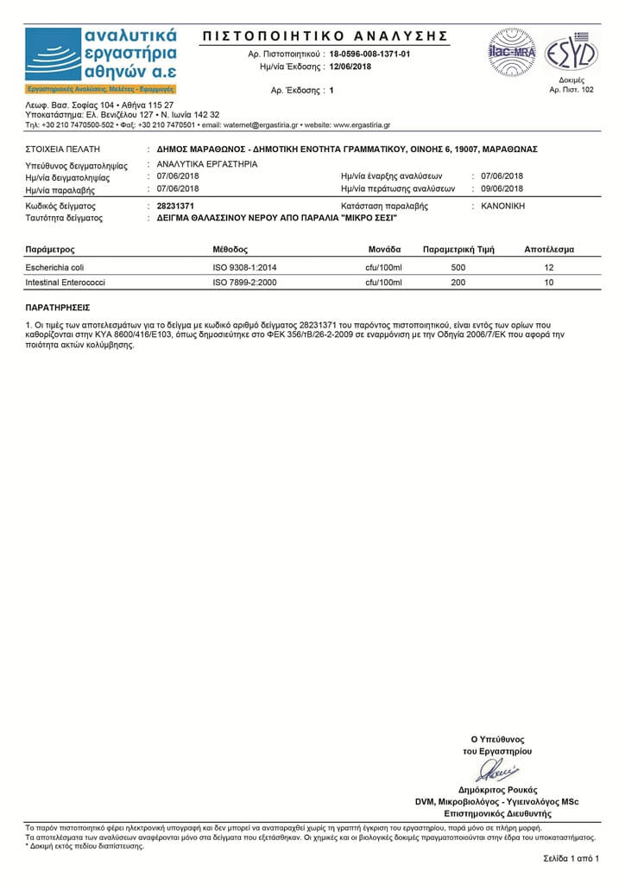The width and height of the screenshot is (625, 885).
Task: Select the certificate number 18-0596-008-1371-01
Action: [370, 54]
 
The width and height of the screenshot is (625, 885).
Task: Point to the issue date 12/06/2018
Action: [350, 67]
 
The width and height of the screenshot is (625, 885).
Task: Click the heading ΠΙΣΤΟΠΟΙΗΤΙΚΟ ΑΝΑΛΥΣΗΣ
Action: [325, 35]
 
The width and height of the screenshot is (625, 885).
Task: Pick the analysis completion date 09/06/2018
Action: [502, 188]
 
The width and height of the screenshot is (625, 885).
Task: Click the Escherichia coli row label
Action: [54, 268]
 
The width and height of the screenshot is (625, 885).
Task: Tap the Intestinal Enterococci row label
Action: [65, 283]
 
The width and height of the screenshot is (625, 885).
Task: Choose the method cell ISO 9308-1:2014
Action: [244, 268]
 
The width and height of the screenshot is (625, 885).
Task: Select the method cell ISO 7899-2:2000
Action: [244, 283]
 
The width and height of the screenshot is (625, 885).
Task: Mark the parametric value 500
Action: [458, 268]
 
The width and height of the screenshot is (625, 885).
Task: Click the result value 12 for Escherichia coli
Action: [549, 268]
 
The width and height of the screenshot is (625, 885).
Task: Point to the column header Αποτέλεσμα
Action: [549, 250]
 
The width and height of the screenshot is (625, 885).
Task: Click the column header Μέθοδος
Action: [230, 250]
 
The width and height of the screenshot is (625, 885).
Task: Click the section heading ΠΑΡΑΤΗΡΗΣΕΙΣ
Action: [58, 307]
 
